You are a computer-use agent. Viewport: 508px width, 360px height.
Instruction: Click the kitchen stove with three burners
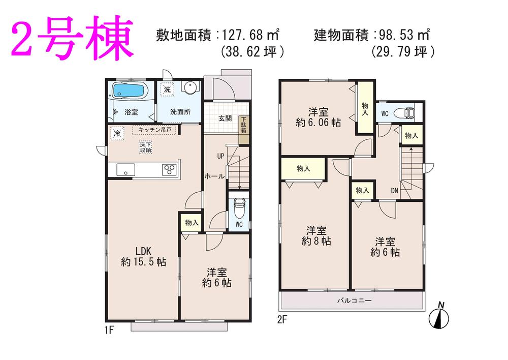point(169,169)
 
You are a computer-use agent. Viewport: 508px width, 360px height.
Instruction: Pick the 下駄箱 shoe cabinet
point(244,125)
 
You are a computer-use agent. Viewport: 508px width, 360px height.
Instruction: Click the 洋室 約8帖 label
point(316,235)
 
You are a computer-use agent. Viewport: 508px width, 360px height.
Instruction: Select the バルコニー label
point(355,301)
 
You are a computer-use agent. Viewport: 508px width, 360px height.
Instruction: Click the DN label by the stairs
point(395,191)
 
